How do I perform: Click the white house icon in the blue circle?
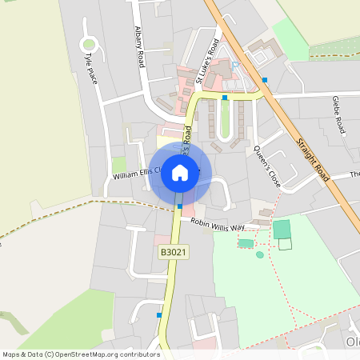coord(180,172)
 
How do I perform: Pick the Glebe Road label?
coord(339,115)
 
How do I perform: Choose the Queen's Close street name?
coord(267,166)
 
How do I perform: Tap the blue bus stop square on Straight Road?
coord(265,80)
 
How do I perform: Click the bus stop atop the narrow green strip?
coord(226,98)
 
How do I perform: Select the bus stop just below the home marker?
coord(180,206)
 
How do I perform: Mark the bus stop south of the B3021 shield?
coord(159,315)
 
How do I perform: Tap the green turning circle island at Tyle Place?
coord(89,44)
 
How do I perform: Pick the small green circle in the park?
coord(259,254)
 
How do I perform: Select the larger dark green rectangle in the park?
coord(282,230)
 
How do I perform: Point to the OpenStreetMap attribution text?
coord(80,354)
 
